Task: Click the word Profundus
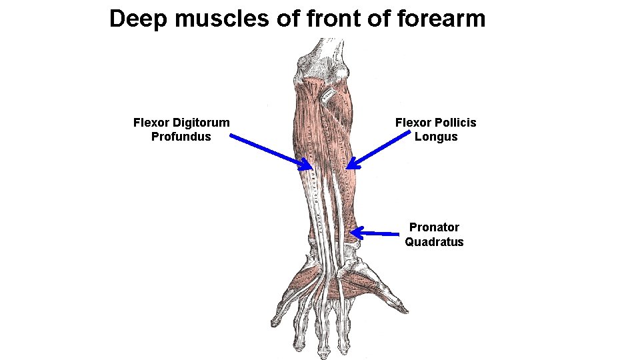point(181,137)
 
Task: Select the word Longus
point(436,137)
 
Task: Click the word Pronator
point(434,227)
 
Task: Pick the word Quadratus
point(434,242)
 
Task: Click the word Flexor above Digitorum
point(151,123)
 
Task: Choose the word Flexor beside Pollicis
point(413,123)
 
